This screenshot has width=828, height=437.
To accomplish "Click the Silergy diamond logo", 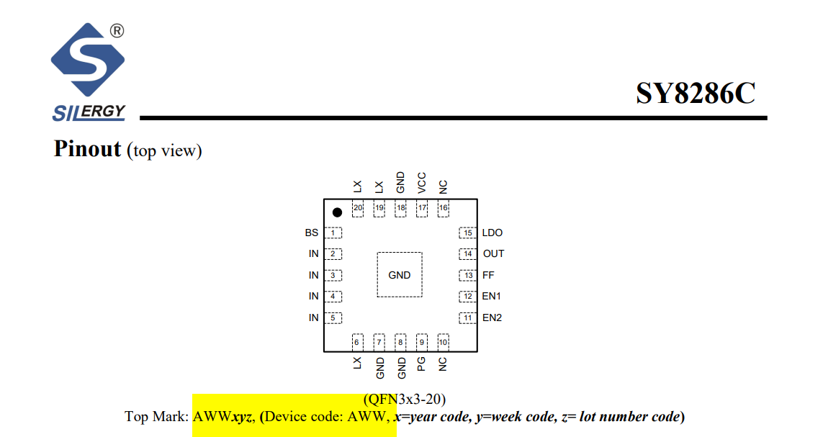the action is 88,60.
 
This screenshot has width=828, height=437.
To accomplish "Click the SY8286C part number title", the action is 696,94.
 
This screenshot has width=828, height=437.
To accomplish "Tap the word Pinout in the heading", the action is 88,149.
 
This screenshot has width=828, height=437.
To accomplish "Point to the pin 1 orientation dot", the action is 337,212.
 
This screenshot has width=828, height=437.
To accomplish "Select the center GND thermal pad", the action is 399,274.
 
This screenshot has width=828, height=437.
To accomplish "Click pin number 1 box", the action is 333,233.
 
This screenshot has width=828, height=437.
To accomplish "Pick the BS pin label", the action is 312,233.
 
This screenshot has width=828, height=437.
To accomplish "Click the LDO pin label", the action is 492,233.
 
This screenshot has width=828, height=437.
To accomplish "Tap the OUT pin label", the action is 493,254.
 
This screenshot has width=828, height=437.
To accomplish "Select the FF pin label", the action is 488,275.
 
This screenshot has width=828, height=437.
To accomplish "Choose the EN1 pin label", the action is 491,296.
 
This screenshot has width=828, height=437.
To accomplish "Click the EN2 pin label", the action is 492,317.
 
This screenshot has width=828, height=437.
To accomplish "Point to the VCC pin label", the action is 421,183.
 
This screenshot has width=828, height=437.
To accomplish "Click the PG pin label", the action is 421,364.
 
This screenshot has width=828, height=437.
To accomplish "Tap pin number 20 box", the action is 358,209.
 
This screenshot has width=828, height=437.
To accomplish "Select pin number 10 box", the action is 443,342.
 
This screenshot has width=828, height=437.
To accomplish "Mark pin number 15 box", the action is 468,233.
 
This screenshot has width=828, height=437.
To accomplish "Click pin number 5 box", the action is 333,317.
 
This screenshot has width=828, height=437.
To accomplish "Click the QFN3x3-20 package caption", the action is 405,399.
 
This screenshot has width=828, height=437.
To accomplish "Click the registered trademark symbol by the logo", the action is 117,31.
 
